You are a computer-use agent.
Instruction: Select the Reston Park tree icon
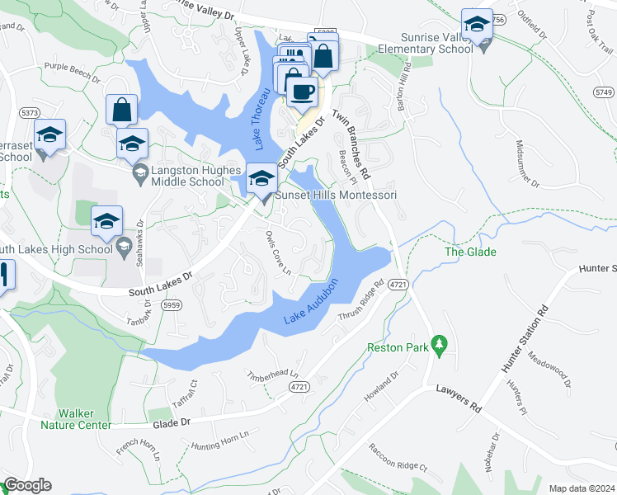(440, 342)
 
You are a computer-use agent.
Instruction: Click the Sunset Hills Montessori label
(336, 196)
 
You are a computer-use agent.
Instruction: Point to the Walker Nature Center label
(76, 419)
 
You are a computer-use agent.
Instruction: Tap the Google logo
(27, 485)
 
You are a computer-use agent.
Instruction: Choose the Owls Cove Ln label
(279, 252)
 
